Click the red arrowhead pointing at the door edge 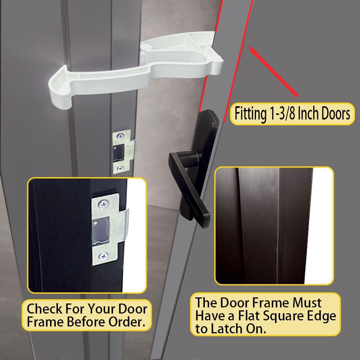252,50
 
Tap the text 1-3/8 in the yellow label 282,114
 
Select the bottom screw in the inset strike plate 103,256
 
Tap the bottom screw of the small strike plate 120,168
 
